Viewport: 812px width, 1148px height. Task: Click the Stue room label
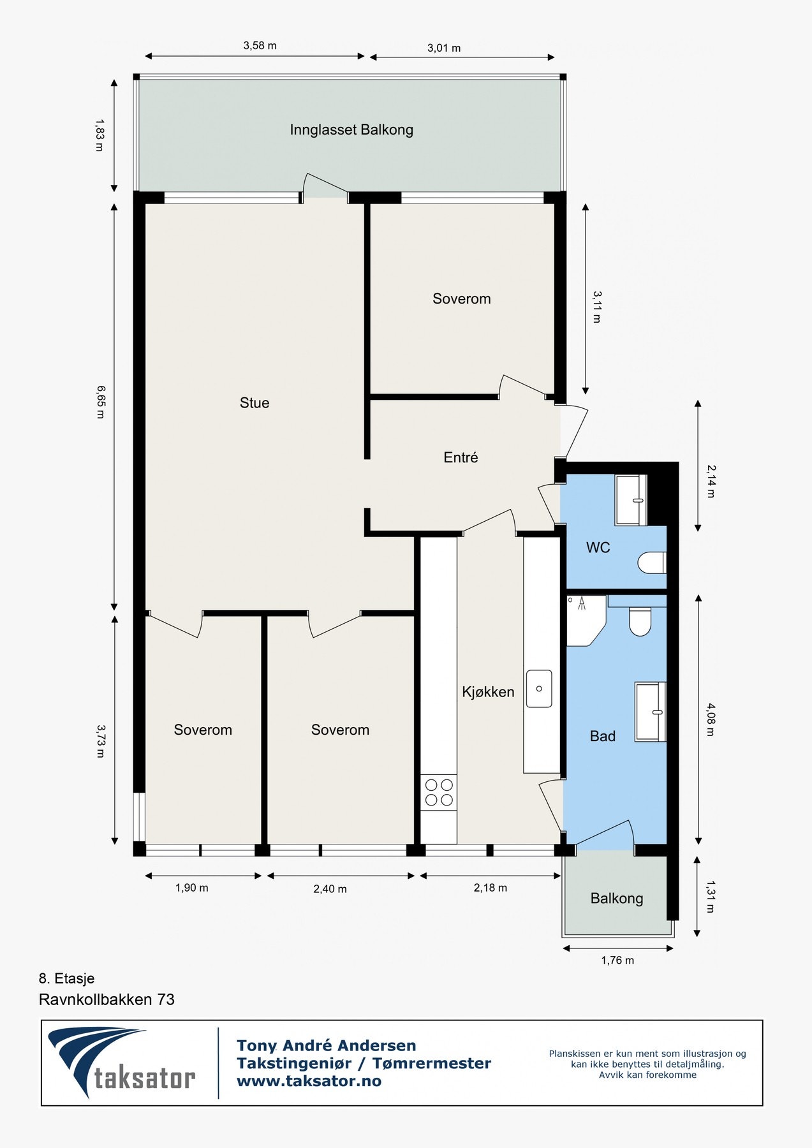point(255,402)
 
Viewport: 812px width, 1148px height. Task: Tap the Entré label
point(461,457)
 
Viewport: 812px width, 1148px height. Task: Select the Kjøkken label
point(488,692)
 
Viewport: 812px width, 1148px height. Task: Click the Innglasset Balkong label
point(351,130)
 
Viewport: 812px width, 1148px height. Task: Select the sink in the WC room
point(631,500)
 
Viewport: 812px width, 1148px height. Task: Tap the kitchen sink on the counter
point(539,689)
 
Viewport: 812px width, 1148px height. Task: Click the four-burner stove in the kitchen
point(439,792)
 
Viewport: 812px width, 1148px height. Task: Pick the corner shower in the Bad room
point(584,619)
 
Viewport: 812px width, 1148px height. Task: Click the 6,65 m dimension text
point(100,401)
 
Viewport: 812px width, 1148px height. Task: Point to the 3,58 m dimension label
point(260,46)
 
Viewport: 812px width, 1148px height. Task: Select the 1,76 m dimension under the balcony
point(617,960)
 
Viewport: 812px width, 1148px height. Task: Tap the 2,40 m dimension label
point(330,889)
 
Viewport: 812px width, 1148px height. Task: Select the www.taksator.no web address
point(309,1081)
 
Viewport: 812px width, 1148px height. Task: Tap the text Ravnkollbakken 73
point(107,999)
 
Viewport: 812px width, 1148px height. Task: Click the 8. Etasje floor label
point(66,978)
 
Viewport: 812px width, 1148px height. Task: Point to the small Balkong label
point(616,899)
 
